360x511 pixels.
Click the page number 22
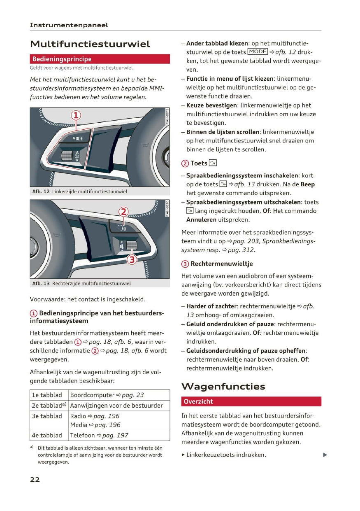pyautogui.click(x=35, y=479)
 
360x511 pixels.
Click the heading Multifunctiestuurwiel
pyautogui.click(x=90, y=44)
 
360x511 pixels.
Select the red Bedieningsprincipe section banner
pyautogui.click(x=100, y=59)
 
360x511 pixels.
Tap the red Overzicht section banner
pyautogui.click(x=251, y=401)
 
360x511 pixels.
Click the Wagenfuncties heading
pyautogui.click(x=223, y=387)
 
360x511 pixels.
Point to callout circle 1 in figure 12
pyautogui.click(x=77, y=115)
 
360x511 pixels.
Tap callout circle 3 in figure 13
pyautogui.click(x=132, y=259)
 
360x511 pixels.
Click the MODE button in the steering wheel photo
pyautogui.click(x=78, y=138)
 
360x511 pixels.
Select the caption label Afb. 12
pyautogui.click(x=41, y=191)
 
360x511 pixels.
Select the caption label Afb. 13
pyautogui.click(x=41, y=283)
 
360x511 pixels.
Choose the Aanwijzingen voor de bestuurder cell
pyautogui.click(x=119, y=406)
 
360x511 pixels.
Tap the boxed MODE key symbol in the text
pyautogui.click(x=258, y=52)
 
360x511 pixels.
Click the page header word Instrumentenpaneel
pyautogui.click(x=69, y=25)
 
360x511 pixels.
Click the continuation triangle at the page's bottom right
pyautogui.click(x=325, y=455)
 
